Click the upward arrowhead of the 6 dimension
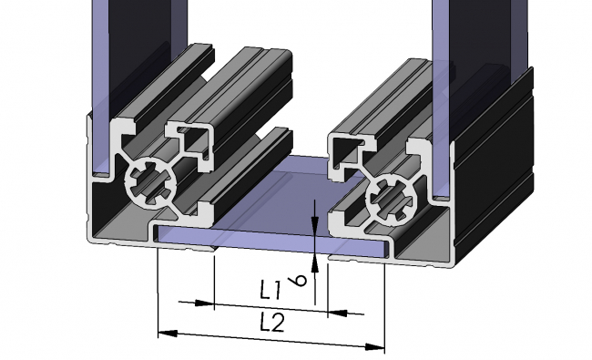click(x=314, y=263)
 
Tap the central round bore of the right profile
click(x=387, y=195)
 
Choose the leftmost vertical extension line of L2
click(x=158, y=292)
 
